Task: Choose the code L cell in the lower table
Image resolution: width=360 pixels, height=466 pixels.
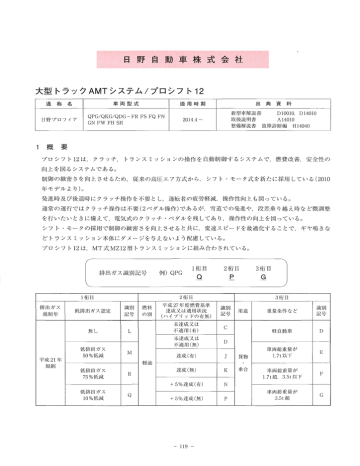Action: pyautogui.click(x=133, y=302)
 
